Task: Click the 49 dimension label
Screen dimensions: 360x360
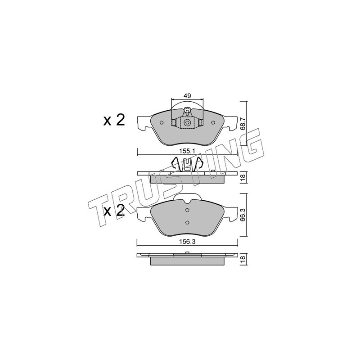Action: pos(187,96)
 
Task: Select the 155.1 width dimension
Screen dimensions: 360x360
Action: pos(187,151)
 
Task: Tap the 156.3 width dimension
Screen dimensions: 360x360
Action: pos(187,242)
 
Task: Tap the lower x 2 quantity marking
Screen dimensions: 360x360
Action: pos(114,211)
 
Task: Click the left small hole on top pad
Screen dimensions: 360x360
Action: pos(161,122)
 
